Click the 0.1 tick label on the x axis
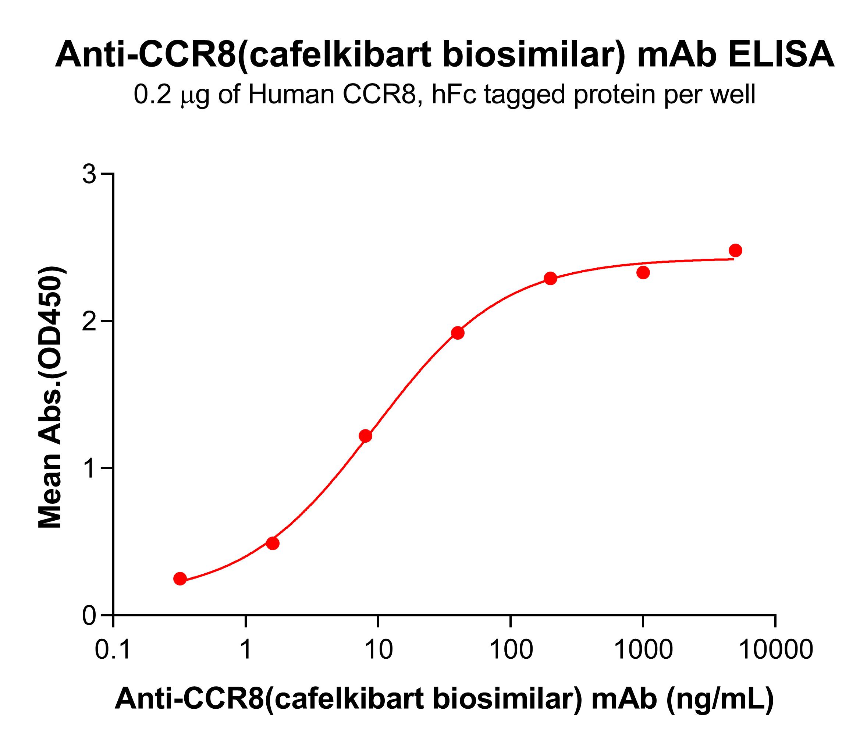[x=113, y=650]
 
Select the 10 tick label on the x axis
[x=378, y=650]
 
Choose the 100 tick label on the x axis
[x=511, y=650]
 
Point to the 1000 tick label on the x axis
[x=643, y=650]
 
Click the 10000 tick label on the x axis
[x=775, y=650]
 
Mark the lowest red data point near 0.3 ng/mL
[x=180, y=579]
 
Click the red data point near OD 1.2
[x=365, y=436]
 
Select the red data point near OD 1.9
[x=458, y=333]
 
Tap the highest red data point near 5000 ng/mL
[x=735, y=251]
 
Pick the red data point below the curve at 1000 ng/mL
[x=643, y=273]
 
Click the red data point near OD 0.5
[x=273, y=544]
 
